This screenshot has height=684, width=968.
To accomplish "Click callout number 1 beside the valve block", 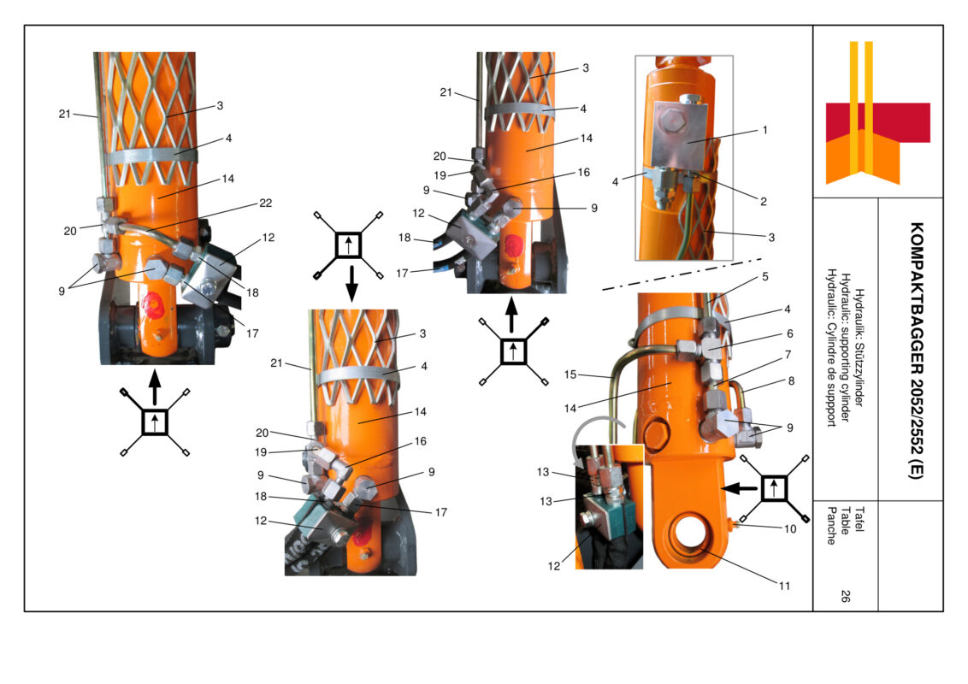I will [x=764, y=130].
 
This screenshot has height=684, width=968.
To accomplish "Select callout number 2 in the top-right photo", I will [x=762, y=202].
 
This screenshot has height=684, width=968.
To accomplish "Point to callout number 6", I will [x=789, y=334].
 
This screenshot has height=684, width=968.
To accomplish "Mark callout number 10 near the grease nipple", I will [x=789, y=529].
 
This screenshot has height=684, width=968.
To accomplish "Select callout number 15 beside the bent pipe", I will [x=570, y=374].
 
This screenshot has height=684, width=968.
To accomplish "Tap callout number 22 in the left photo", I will [x=265, y=202].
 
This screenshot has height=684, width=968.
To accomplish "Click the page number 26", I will [x=844, y=598].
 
